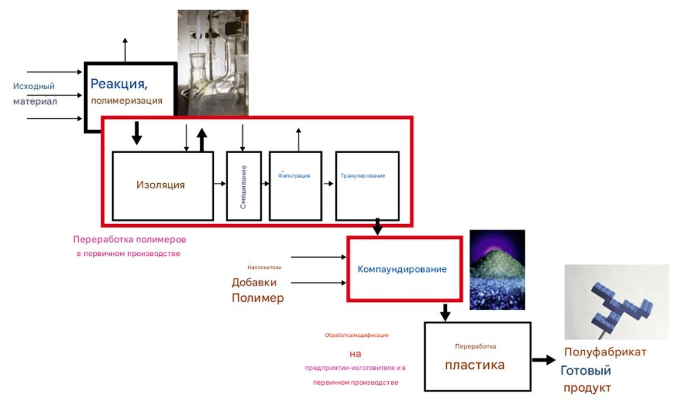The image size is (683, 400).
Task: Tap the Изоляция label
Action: pos(161,185)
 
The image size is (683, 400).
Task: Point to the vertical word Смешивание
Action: pos(243,187)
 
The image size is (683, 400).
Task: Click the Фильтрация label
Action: pos(294,176)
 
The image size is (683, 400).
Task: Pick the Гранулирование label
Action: pos(363,176)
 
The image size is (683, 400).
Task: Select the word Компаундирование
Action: pos(402,269)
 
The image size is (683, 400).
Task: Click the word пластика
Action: pos(474,365)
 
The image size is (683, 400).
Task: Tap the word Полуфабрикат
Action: pos(605,352)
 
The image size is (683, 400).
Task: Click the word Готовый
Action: pos(586,371)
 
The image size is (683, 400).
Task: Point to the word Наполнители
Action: pos(264,267)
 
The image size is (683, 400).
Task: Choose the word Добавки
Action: pos(254,282)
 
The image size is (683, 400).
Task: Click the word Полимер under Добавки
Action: pos(257,298)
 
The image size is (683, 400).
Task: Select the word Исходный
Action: pos(34,86)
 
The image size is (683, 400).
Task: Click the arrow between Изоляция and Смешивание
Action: pos(220,184)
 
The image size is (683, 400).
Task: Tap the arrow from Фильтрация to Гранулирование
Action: pos(328,184)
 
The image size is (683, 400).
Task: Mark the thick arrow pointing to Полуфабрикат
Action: pos(543,360)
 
